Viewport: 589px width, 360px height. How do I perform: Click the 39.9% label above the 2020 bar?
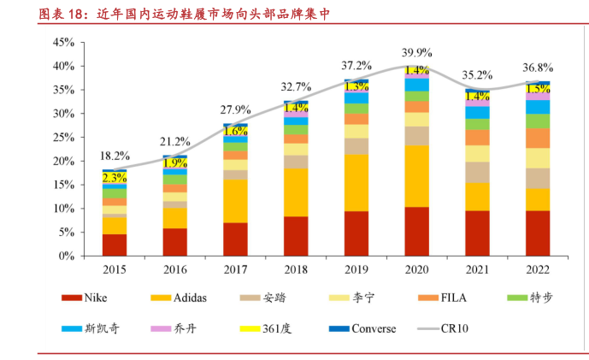tap(417, 52)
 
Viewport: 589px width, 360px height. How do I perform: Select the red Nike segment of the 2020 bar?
tap(417, 231)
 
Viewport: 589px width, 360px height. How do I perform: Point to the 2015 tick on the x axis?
tap(115, 269)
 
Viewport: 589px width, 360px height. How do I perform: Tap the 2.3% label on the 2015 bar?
tap(115, 178)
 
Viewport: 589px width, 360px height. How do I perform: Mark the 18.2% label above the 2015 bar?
tap(115, 156)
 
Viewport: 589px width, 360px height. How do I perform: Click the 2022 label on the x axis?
tap(538, 269)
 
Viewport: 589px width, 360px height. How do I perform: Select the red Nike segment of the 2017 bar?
tap(236, 239)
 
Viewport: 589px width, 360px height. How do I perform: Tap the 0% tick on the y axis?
tap(67, 256)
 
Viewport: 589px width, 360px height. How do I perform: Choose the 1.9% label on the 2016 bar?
tap(175, 163)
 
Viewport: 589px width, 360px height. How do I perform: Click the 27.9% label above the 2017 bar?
tap(236, 109)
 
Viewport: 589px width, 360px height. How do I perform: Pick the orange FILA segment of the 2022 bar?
tap(538, 138)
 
